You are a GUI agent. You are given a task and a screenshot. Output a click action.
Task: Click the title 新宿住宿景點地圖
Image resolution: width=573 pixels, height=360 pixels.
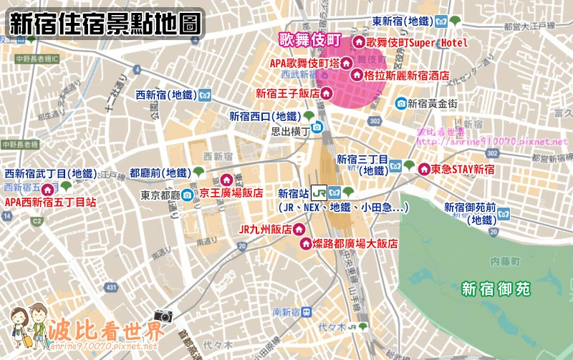pos(105,24)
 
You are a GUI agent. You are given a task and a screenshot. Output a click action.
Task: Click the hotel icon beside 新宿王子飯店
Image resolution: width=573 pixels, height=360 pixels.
pos(326,92)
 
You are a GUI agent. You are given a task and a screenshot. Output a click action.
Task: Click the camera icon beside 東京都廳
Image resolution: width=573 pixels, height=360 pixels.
pos(187,195)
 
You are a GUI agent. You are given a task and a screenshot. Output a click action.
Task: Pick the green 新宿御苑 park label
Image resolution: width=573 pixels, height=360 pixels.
pos(496,289)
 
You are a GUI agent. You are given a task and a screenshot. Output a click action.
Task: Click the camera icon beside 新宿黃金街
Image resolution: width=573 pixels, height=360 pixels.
pos(400,103)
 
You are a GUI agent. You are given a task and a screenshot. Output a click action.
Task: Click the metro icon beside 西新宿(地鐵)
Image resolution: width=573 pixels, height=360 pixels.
pos(205,94)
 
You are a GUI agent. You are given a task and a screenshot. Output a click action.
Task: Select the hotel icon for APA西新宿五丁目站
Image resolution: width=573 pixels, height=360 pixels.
pos(48,190)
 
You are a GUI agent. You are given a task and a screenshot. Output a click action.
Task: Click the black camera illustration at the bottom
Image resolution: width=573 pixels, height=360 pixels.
pos(163,316)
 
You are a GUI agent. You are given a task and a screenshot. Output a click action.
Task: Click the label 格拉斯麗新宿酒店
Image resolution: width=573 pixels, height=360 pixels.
pos(408,74)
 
